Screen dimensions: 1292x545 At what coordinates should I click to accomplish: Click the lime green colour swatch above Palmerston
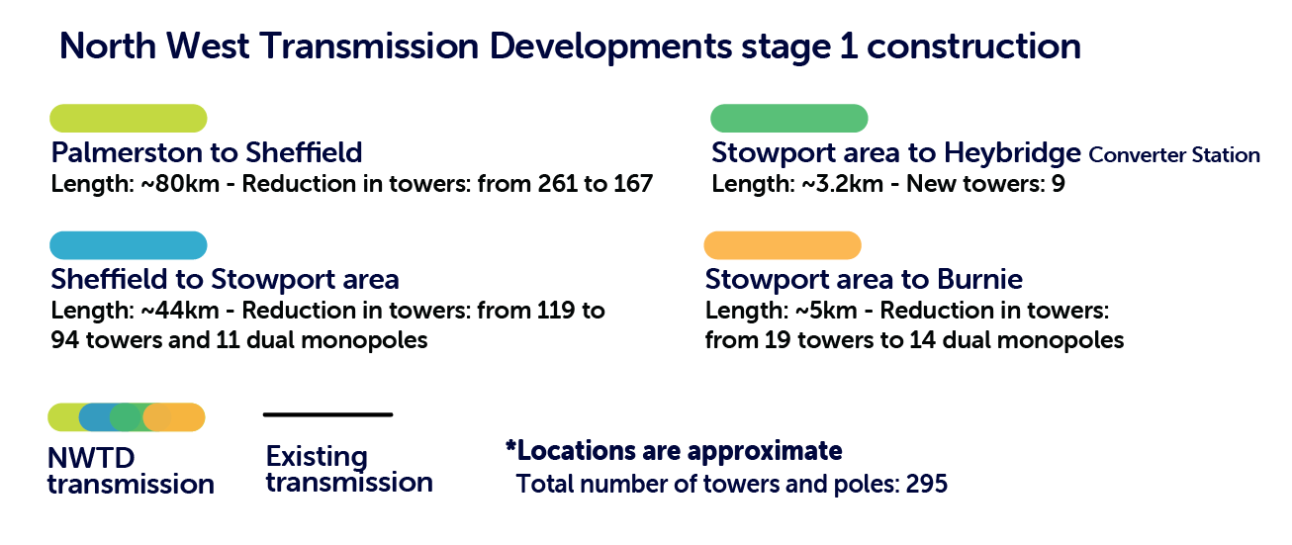128,119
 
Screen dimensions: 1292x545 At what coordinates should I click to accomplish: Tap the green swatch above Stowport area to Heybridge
789,119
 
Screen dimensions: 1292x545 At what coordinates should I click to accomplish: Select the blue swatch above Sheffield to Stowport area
128,245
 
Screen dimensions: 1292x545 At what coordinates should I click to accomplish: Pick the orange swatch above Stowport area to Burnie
783,245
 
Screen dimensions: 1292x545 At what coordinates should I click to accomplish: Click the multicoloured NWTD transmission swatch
127,417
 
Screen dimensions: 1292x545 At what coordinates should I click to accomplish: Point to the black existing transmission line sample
327,414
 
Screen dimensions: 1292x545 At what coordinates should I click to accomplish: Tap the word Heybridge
1012,154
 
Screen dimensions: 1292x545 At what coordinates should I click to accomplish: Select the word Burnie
979,280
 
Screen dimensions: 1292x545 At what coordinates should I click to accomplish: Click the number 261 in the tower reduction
558,184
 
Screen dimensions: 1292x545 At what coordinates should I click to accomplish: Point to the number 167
633,184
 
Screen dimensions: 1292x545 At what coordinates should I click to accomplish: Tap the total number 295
926,484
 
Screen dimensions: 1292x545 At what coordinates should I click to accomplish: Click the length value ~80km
180,184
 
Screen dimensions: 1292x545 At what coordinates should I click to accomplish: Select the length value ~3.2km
842,184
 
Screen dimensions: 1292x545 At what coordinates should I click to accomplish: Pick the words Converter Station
1174,155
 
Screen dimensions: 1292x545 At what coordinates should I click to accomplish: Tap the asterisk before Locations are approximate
510,446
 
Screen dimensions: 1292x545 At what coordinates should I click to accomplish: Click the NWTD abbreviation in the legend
91,459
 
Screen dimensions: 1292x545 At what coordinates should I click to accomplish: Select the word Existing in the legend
317,457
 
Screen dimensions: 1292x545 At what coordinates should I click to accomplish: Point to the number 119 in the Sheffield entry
555,311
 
